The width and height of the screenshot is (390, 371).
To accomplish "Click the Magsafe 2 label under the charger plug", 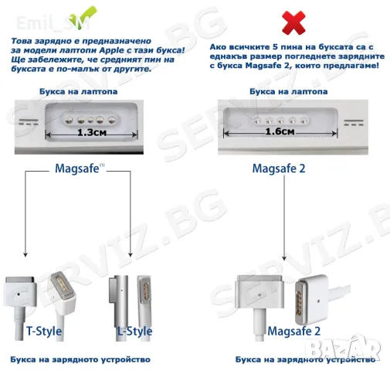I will point(293,331).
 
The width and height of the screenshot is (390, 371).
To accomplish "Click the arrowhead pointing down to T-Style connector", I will point(27,253).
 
